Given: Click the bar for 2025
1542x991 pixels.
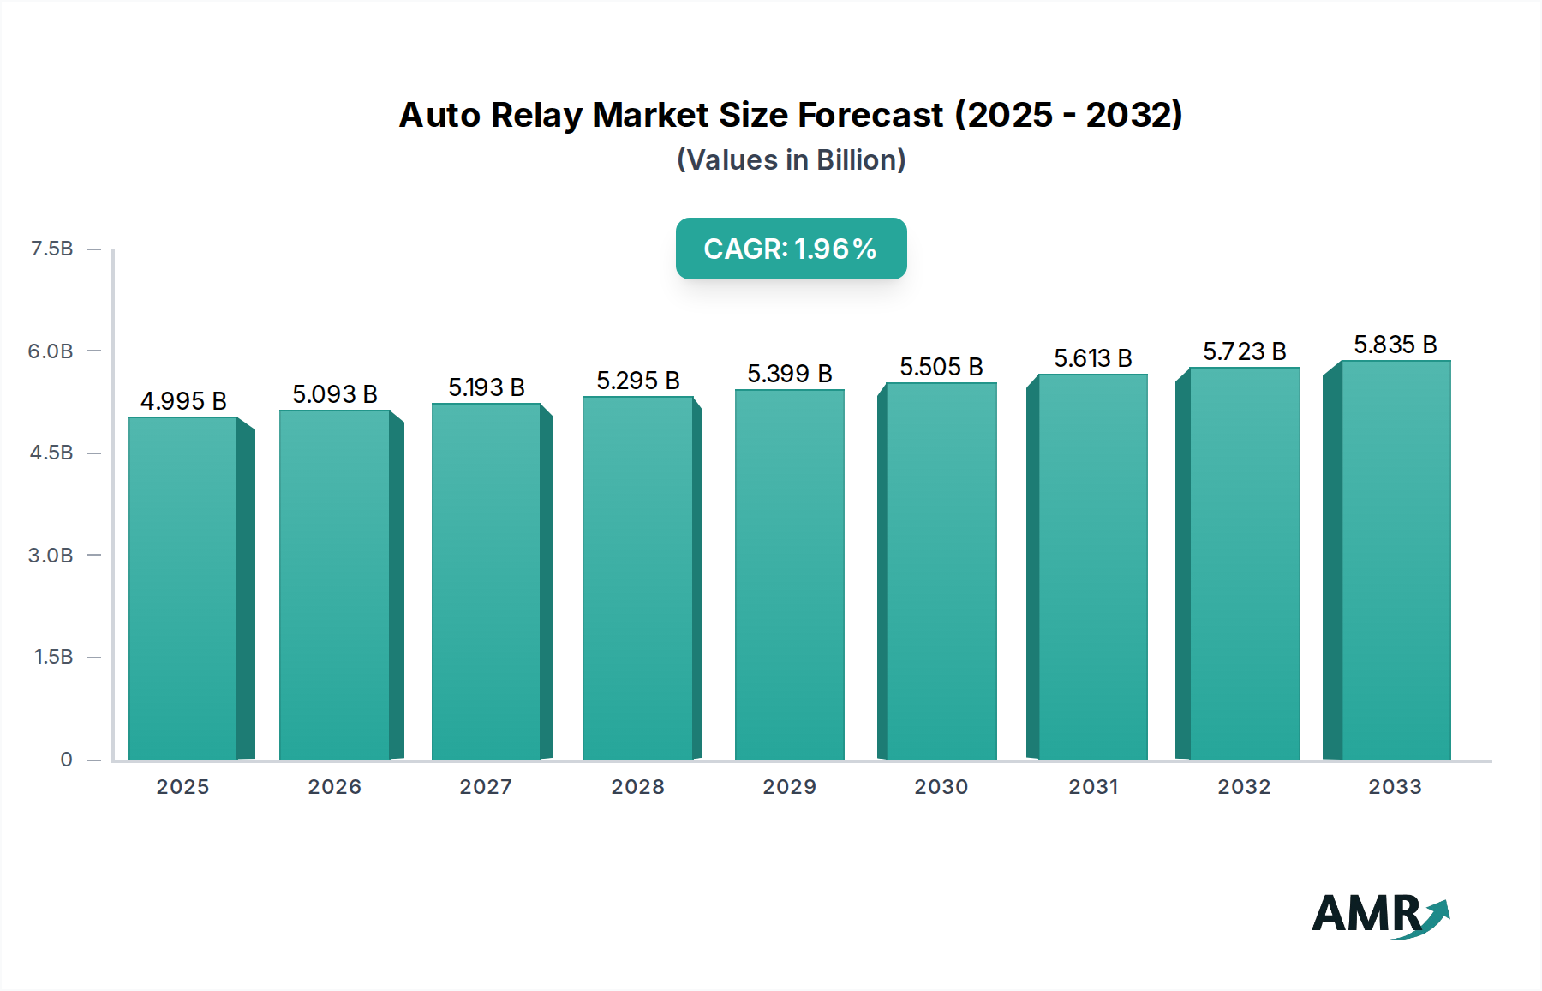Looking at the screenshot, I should click(182, 588).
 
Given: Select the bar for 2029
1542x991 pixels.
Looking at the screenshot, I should click(789, 574).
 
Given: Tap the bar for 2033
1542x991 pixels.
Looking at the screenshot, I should click(1396, 560).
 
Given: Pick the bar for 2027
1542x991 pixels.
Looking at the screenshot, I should click(486, 581).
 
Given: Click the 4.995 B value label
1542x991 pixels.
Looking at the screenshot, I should click(183, 401).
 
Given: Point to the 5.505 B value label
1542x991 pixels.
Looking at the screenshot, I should click(941, 367).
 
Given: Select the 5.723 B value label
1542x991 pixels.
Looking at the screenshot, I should click(1244, 351).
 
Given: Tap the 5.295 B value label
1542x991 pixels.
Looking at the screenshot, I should click(637, 381).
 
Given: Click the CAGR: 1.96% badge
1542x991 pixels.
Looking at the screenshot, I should click(791, 249).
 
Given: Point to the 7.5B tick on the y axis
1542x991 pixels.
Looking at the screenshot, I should click(51, 249).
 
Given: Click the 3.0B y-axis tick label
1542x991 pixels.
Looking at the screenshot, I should click(51, 556).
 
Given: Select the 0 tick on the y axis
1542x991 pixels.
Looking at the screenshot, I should click(66, 760).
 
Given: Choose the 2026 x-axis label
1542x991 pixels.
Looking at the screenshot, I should click(334, 787).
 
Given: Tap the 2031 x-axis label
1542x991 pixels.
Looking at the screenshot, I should click(1092, 787).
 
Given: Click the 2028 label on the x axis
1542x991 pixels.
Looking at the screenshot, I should click(637, 787).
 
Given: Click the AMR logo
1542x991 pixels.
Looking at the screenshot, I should click(1379, 915).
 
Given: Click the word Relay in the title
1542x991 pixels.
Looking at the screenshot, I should click(537, 115).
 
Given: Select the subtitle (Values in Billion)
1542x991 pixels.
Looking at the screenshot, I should click(791, 160).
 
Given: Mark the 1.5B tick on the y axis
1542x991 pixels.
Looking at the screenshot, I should click(53, 657).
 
